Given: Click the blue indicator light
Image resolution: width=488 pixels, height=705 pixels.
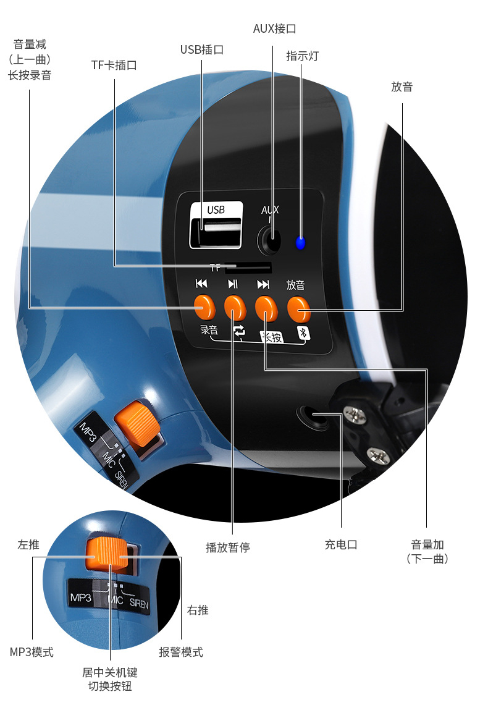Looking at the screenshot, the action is click(300, 243).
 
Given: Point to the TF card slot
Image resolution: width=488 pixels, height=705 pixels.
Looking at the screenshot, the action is click(248, 268).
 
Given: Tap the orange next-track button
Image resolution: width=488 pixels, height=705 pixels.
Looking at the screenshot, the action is click(266, 308).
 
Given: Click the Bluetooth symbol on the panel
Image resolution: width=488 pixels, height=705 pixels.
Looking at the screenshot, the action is click(303, 332).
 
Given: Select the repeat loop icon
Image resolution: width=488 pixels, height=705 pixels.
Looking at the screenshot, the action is click(240, 331).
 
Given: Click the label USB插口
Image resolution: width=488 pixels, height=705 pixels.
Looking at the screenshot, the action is click(202, 49).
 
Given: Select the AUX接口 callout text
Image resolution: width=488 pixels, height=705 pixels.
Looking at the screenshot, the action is click(274, 29).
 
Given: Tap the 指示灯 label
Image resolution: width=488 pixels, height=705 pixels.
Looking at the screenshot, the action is click(303, 56).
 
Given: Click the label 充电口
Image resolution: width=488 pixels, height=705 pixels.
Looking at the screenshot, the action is click(341, 544).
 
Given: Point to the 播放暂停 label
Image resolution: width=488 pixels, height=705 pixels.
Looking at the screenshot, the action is click(228, 547).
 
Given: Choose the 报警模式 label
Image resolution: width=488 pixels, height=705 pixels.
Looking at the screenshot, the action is click(180, 652).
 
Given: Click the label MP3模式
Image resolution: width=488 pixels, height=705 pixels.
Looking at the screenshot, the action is click(32, 652).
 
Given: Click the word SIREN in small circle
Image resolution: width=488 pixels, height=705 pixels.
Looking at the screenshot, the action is click(139, 604).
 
